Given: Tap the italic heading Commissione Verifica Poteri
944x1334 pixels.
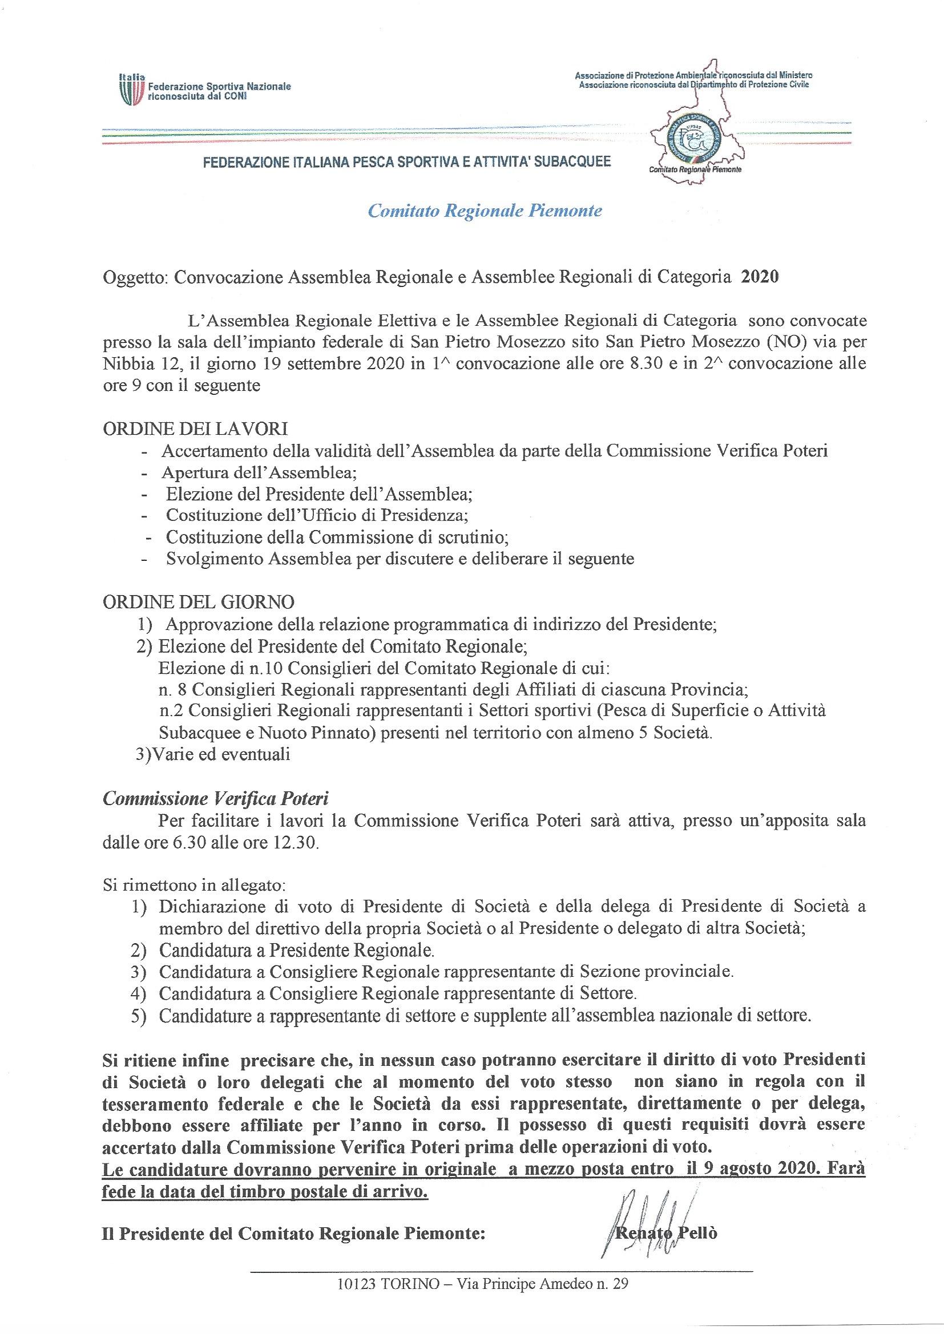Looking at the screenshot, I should point(216,798).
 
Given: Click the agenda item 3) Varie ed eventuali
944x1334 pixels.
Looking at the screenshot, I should point(213,754).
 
